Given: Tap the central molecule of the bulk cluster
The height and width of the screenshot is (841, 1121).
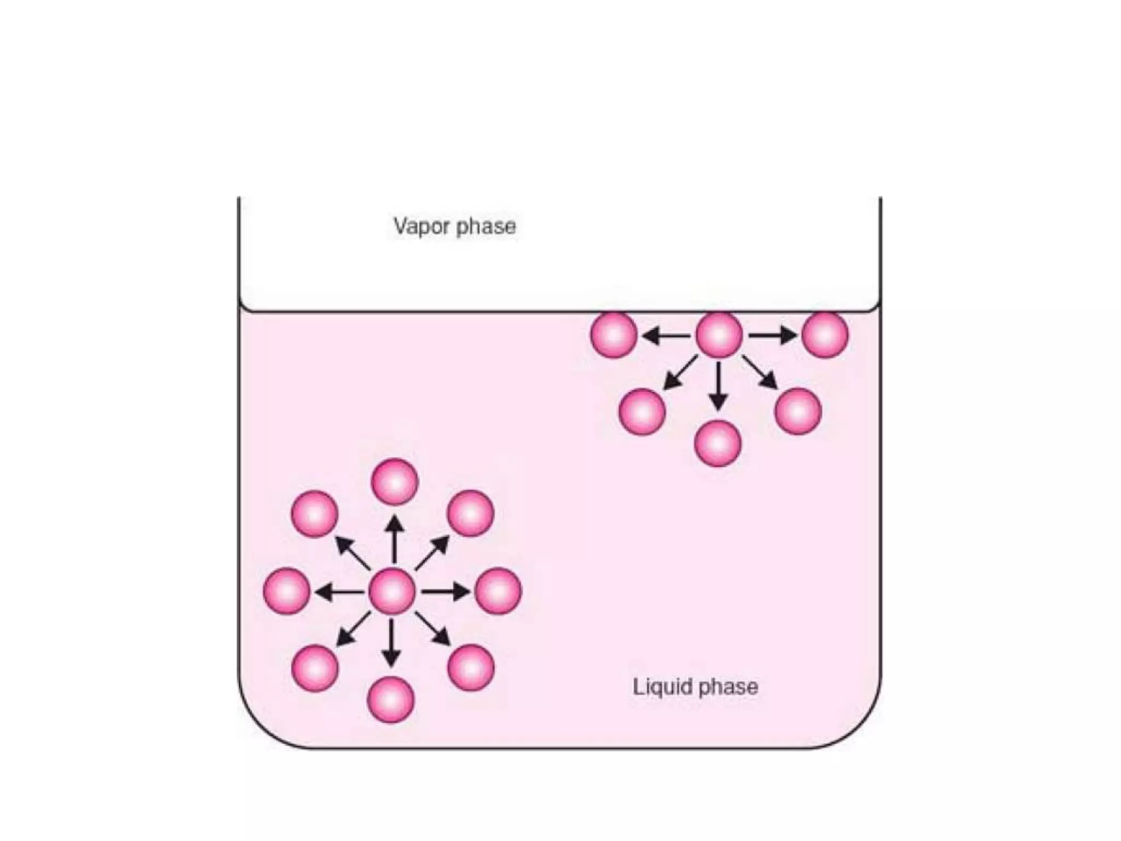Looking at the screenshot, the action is click(392, 592).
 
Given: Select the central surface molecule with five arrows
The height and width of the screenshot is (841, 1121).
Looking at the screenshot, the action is click(719, 335).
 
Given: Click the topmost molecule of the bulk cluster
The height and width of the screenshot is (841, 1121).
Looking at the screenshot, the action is click(395, 482).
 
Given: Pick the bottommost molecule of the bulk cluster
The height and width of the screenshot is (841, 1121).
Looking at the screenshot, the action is click(391, 700).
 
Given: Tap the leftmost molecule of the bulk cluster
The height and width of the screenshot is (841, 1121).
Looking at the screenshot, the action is click(287, 591).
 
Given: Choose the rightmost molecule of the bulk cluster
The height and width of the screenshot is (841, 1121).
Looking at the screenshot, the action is click(498, 591).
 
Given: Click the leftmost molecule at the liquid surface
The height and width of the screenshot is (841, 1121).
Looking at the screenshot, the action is click(614, 335).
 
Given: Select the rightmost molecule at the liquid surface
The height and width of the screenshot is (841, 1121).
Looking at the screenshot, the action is click(825, 335).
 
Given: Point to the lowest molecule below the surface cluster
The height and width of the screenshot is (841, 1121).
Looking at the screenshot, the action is click(718, 443).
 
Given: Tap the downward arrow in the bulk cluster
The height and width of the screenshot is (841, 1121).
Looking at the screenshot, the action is click(391, 643).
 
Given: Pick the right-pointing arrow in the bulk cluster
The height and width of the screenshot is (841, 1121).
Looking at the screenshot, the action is click(446, 592).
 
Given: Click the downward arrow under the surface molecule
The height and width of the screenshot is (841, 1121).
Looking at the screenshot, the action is click(718, 386).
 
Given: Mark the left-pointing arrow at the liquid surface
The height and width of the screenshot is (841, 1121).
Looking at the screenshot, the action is click(666, 335).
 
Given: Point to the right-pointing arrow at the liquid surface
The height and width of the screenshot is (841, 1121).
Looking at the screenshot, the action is click(772, 335).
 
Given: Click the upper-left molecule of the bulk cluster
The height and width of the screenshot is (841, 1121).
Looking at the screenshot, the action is click(315, 515).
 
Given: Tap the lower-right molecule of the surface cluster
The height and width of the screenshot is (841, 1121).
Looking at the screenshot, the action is click(799, 411).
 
